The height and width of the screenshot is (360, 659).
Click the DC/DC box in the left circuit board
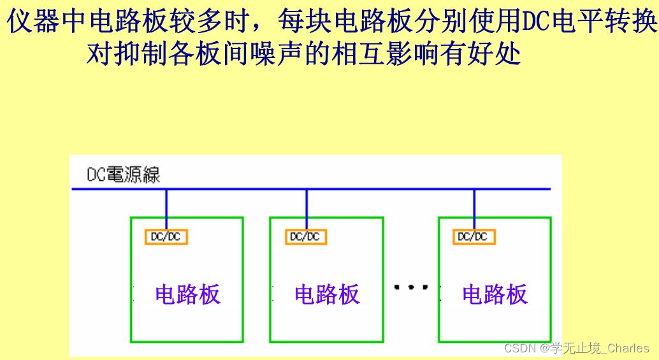tap(166, 236)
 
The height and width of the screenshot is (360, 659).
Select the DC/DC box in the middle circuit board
tap(305, 236)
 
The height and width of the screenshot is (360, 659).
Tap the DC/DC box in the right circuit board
tap(474, 236)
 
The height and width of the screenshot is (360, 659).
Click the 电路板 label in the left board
tap(187, 294)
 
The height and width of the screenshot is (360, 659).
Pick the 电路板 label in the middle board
tap(327, 294)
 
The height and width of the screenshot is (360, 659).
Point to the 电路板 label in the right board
tap(495, 294)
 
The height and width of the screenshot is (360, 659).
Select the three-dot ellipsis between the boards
tap(411, 287)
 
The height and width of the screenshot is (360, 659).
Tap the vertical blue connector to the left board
tap(166, 208)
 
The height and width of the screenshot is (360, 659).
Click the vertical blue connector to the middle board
tap(307, 208)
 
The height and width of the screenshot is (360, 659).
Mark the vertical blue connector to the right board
tap(474, 208)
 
